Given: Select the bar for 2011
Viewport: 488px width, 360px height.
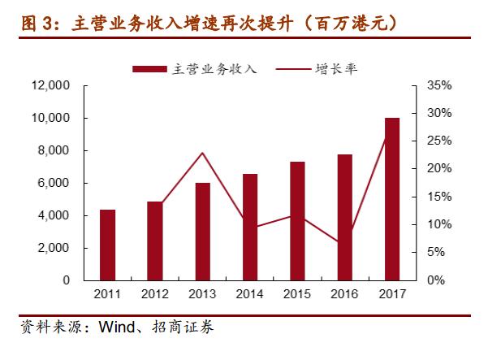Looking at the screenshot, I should [107, 245].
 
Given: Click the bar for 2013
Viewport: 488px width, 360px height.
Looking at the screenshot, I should [202, 232].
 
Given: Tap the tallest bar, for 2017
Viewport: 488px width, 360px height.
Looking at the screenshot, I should [392, 199].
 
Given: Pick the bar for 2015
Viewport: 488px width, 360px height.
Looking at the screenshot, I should [297, 221].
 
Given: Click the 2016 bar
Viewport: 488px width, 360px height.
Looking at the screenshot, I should [344, 217].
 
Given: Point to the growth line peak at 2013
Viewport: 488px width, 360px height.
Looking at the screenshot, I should [202, 153].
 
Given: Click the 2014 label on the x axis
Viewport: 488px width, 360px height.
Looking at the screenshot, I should [249, 293].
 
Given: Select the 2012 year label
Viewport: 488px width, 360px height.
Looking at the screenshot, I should [154, 293].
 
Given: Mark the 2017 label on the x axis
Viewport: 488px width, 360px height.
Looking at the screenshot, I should [392, 293].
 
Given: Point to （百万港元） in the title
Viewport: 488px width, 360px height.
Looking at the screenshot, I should [348, 22].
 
